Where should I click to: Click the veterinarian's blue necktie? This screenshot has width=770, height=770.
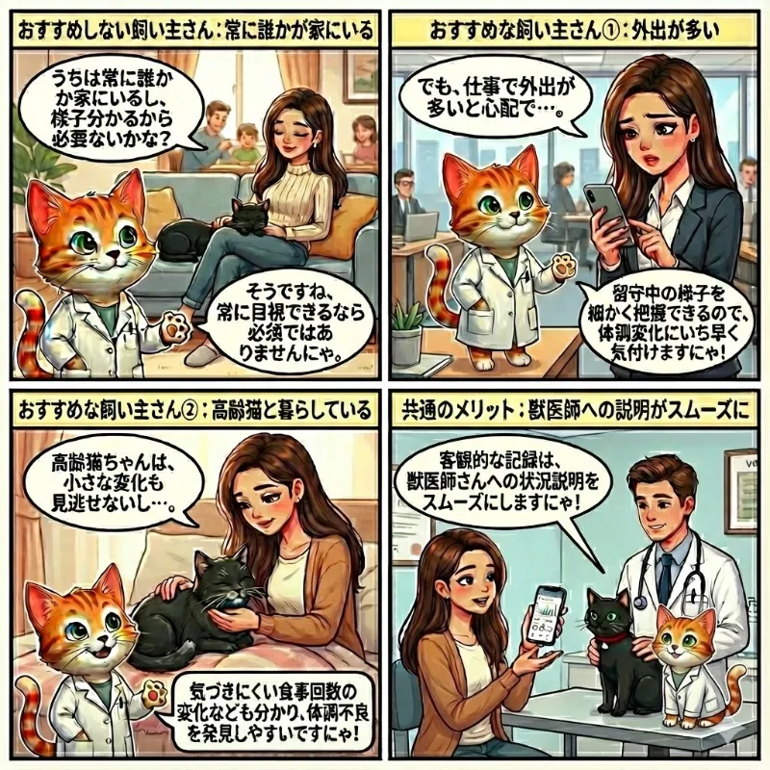pos(664,573)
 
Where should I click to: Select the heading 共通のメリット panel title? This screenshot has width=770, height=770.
pos(577,411)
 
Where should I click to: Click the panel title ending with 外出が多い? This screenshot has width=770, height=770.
pos(577,26)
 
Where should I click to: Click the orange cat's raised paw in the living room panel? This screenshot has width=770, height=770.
pos(173,327)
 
